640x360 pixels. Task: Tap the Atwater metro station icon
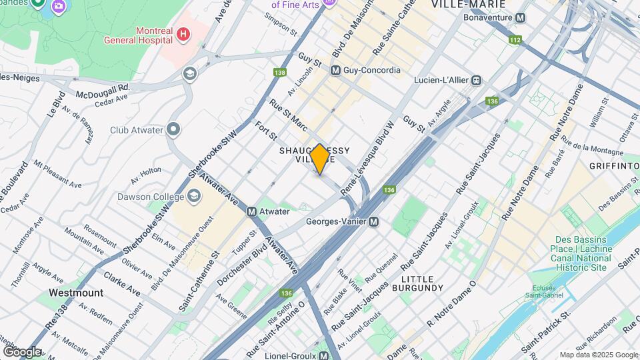click(252, 212)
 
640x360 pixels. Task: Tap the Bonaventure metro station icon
click(521, 18)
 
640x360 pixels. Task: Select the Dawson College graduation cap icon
click(193, 195)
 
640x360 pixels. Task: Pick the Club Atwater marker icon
click(174, 129)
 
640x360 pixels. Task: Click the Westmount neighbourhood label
click(75, 293)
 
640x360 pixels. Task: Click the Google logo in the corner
click(22, 351)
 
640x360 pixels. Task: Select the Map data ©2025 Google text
click(598, 355)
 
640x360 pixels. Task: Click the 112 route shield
click(515, 40)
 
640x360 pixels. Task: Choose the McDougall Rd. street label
click(101, 87)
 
